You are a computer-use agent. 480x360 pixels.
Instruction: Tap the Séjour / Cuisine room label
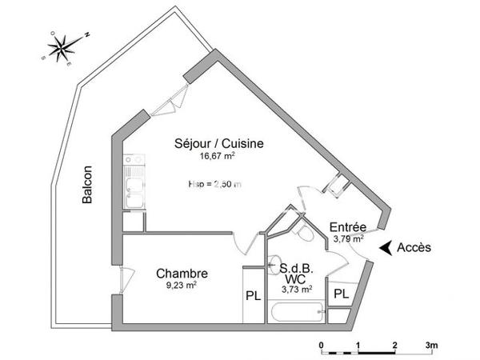click(219, 143)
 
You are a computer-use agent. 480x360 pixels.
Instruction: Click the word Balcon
click(88, 186)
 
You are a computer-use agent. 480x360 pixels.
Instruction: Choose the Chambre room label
click(182, 272)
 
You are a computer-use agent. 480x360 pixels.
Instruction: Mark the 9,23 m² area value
click(182, 285)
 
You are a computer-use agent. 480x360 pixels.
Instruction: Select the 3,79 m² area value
click(348, 238)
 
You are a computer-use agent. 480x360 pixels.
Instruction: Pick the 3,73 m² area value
click(296, 290)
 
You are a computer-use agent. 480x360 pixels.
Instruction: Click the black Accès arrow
click(386, 248)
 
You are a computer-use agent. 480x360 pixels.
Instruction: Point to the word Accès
click(414, 248)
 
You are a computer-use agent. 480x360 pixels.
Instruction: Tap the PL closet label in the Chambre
click(253, 295)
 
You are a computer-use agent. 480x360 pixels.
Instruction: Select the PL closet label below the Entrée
click(341, 294)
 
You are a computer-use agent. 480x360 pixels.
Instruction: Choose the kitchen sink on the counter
click(134, 192)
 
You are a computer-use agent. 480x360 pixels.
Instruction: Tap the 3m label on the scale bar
click(432, 346)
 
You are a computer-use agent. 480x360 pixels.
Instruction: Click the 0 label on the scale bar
click(322, 346)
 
